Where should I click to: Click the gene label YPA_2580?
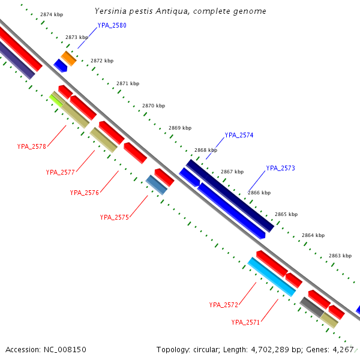coord(112,26)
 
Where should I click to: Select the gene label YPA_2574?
coord(239,135)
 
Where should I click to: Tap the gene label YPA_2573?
coord(280,168)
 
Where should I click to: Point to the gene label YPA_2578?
coord(32,146)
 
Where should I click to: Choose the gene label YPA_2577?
coord(60,172)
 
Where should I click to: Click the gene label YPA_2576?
coord(84,193)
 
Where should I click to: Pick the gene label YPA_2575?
coord(114,217)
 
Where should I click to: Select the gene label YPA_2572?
coord(224,305)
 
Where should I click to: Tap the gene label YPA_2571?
coord(245,322)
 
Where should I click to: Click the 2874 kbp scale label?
coord(52,14)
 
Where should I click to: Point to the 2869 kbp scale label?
coord(180,128)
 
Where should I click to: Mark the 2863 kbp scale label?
coord(340,256)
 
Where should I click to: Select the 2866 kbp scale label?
coord(259,193)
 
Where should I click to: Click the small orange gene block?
coord(68,58)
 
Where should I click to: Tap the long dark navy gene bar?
coord(230,195)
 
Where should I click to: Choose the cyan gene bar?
coord(272,277)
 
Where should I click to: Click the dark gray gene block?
coord(312,307)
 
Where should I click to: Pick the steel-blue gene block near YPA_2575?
coord(157,184)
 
